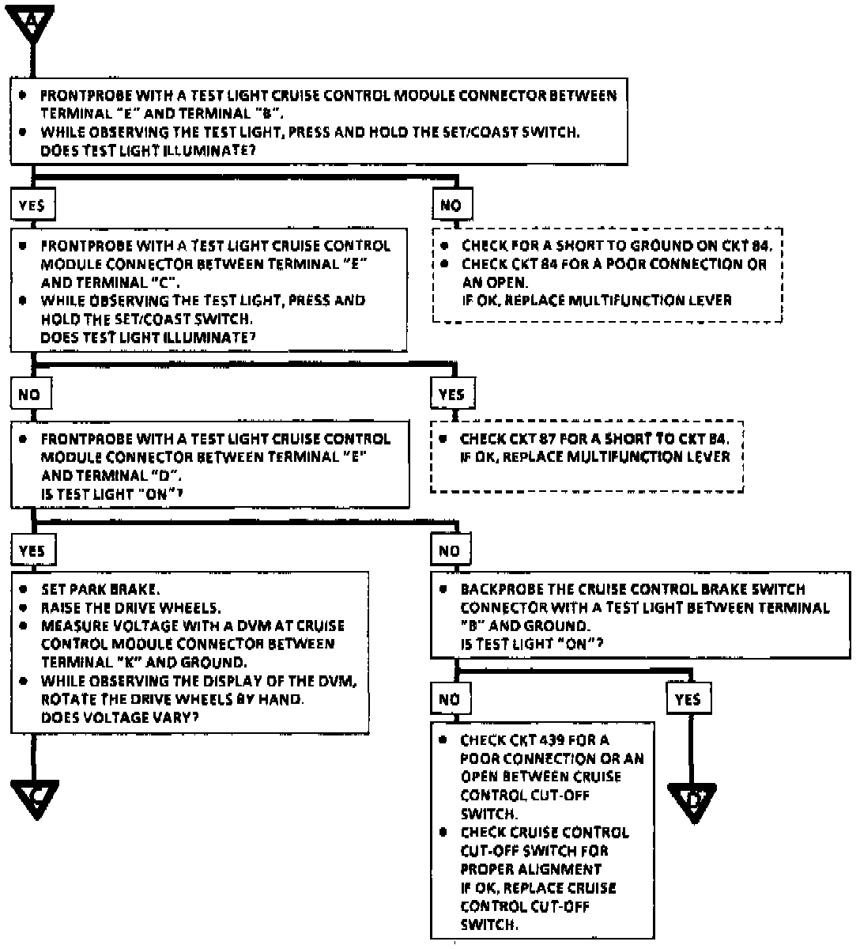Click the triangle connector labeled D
[692, 800]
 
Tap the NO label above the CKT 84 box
[451, 206]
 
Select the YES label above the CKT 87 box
[451, 395]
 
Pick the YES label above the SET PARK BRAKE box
[32, 550]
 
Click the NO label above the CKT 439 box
[449, 700]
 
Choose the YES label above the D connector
[688, 700]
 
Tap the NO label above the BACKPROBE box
[449, 550]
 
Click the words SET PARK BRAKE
[100, 589]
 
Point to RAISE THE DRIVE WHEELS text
[131, 607]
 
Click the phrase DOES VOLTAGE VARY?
[119, 717]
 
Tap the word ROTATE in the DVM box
[67, 699]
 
